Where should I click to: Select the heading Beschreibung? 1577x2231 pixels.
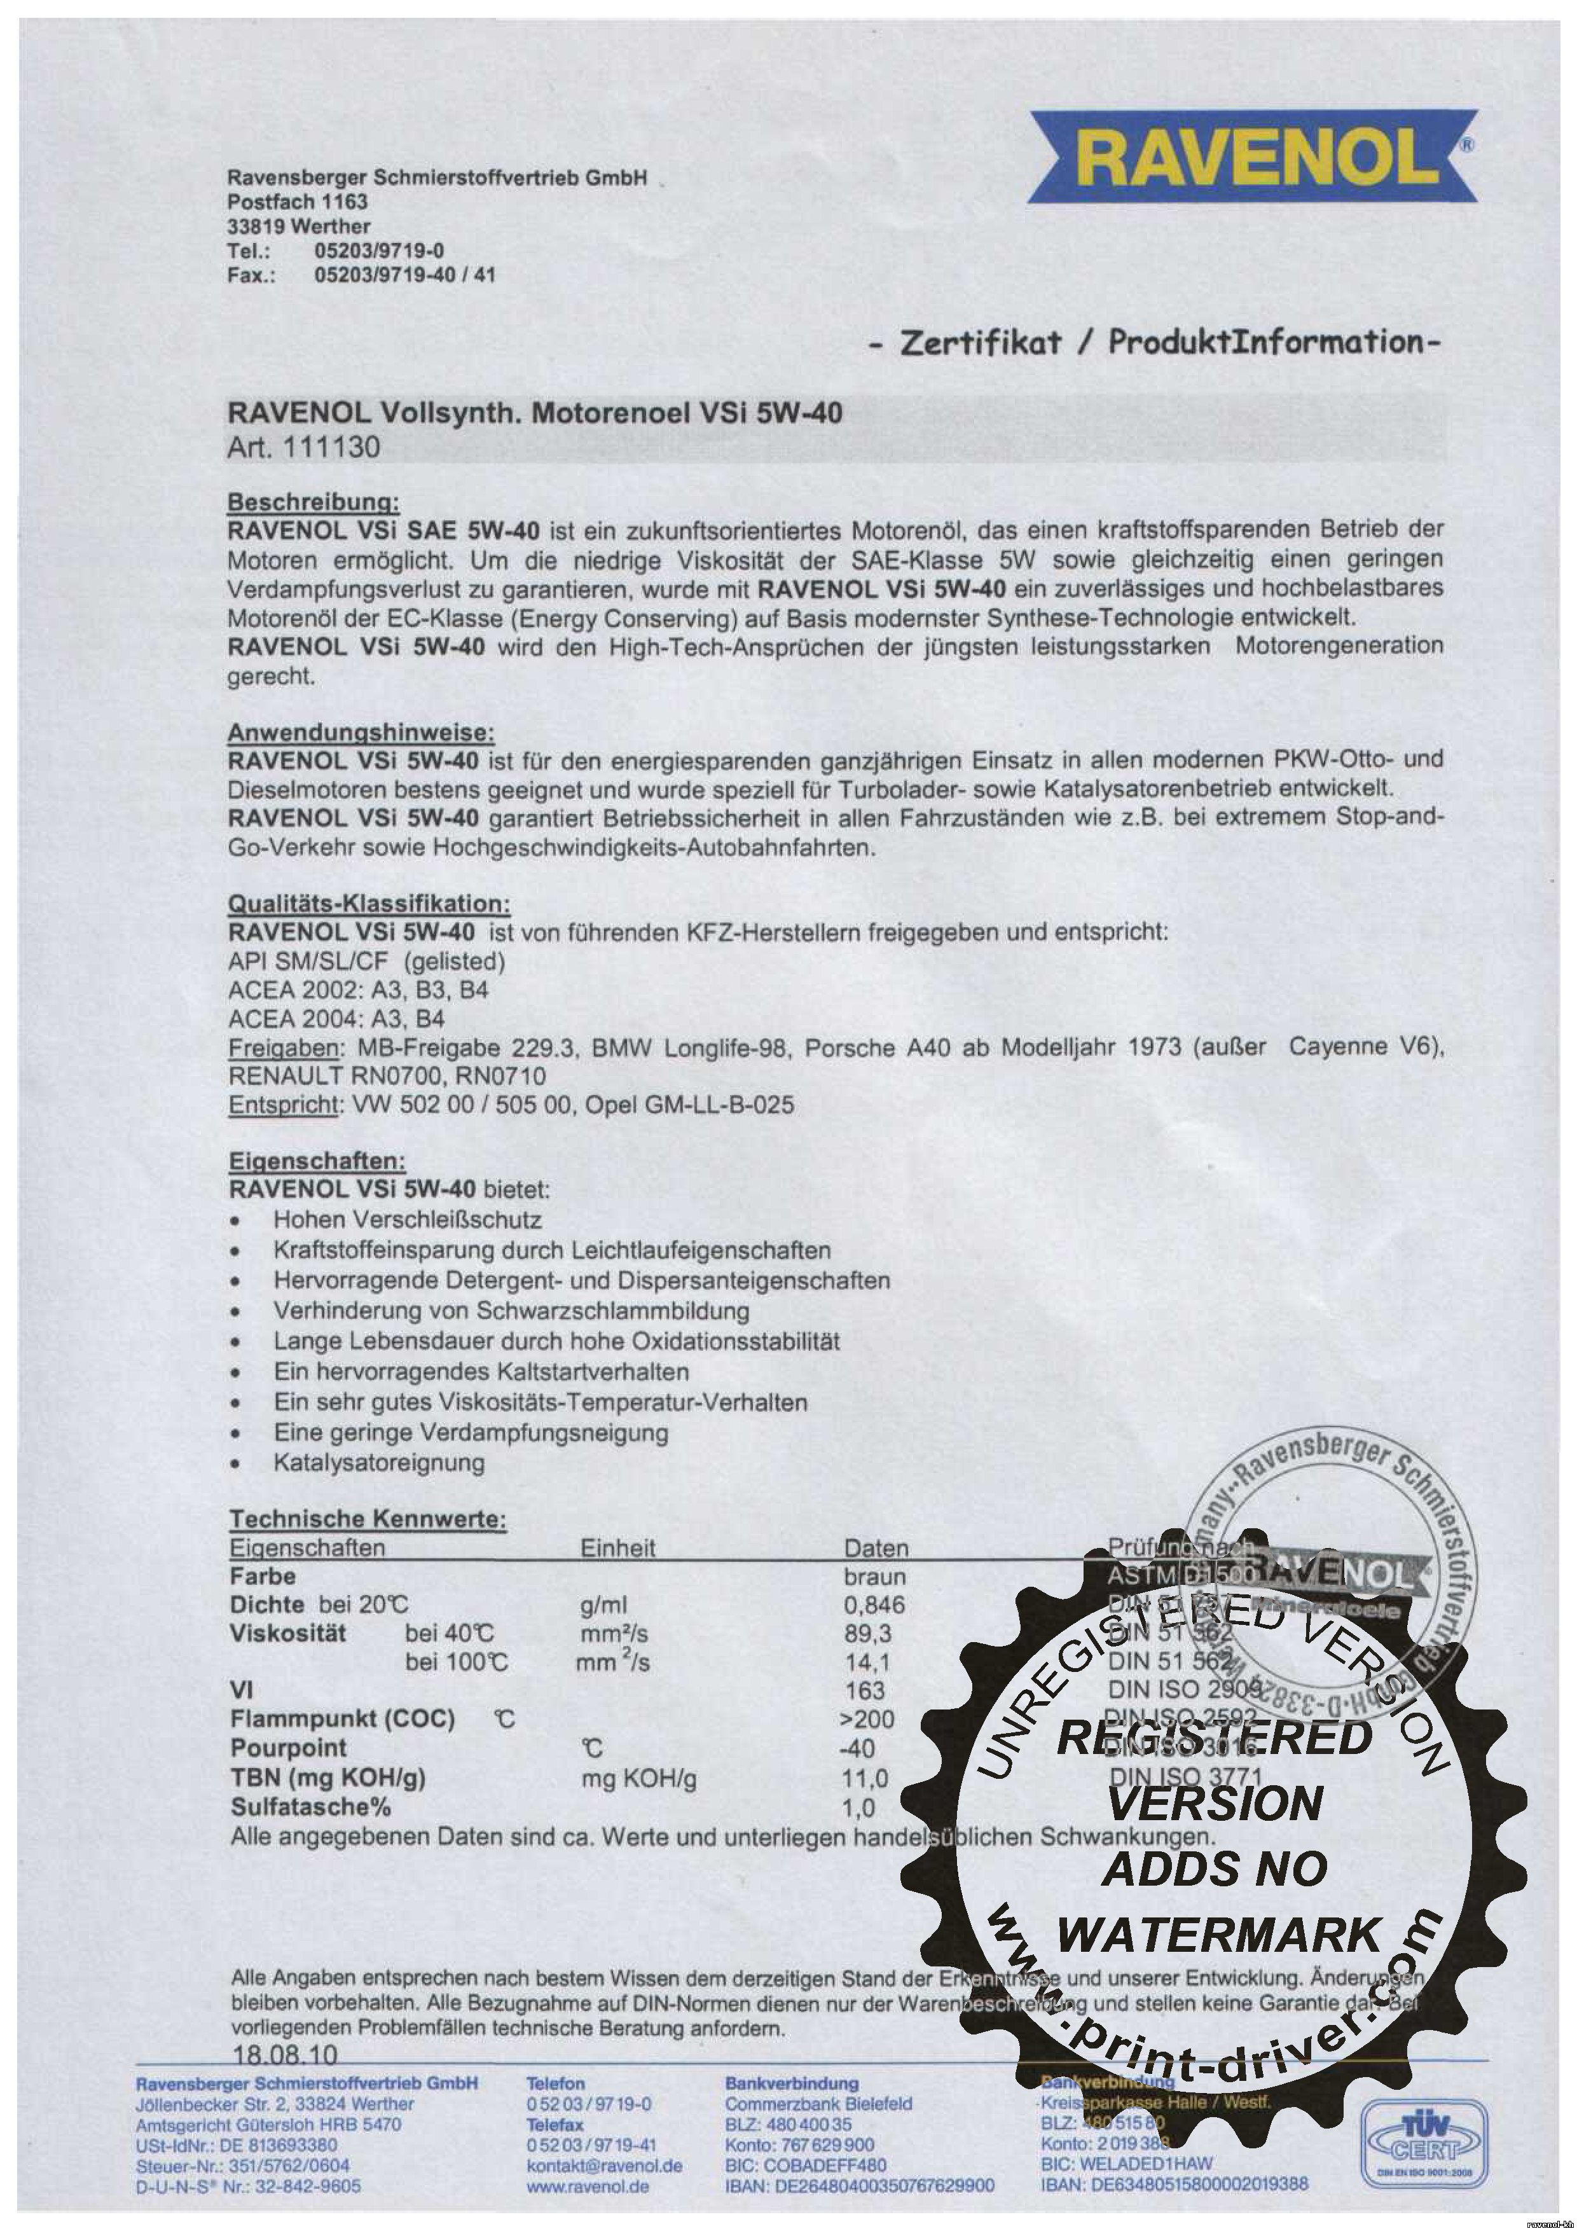(313, 502)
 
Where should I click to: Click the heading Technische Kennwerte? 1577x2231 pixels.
(368, 1519)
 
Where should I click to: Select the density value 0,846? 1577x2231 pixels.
(874, 1605)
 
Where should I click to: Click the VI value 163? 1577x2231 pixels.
(865, 1691)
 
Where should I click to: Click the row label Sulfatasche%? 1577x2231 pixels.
(310, 1807)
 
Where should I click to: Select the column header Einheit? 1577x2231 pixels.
(618, 1548)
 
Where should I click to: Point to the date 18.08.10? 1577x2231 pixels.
(286, 2055)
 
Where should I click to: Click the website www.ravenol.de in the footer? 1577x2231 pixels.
(587, 2186)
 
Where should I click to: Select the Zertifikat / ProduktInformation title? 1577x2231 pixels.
(1152, 342)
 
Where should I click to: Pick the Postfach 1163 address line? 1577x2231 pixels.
(298, 202)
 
